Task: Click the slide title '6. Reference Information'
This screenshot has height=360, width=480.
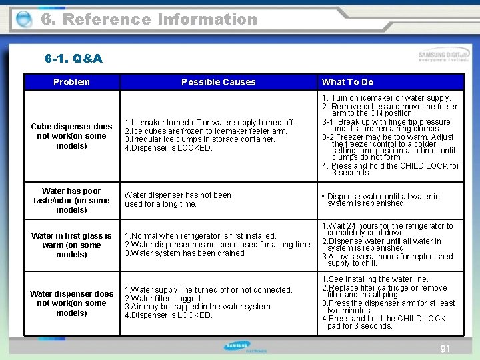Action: tap(149, 19)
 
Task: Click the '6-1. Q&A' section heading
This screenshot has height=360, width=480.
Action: tap(73, 59)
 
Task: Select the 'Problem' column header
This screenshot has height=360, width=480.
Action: tap(71, 82)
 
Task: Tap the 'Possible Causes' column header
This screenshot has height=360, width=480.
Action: tap(218, 82)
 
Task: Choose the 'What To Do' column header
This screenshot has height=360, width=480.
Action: tap(347, 82)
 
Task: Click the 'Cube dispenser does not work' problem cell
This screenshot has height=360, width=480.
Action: tap(71, 136)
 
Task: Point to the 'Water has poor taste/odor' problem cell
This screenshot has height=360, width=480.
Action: tap(71, 200)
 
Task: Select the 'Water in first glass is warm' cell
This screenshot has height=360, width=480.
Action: tap(71, 245)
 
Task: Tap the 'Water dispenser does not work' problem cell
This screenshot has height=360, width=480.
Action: tap(71, 303)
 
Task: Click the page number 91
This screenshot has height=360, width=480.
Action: tap(445, 349)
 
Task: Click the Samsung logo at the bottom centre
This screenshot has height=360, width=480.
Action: tap(237, 347)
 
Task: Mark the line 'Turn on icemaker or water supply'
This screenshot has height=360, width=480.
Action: tap(387, 98)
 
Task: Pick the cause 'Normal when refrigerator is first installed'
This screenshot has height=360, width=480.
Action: tap(200, 235)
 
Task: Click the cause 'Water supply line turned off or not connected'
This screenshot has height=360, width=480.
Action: tap(208, 289)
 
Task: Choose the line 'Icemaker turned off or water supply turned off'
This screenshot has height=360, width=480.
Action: tap(209, 123)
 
